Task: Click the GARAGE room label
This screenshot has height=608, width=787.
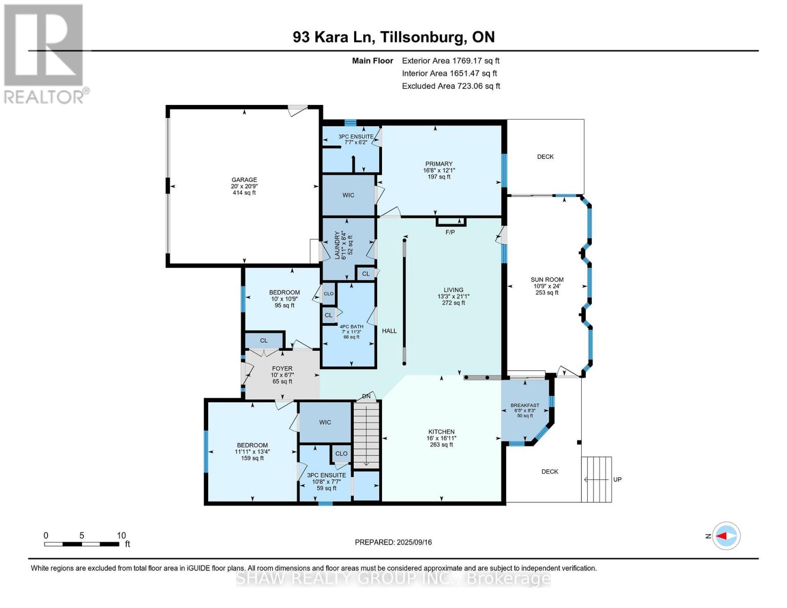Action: click(244, 179)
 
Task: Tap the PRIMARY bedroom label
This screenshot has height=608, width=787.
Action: click(438, 164)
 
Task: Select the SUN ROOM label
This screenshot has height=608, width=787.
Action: click(547, 280)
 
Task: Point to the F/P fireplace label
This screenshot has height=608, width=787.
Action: click(450, 232)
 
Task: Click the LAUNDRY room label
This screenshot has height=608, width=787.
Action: click(337, 245)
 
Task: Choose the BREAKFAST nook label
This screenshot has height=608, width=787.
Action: click(525, 405)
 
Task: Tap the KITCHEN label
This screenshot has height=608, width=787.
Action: click(441, 432)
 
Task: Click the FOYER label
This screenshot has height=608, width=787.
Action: click(282, 368)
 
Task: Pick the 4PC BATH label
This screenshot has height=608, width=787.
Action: click(351, 327)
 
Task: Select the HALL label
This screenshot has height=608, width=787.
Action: click(389, 331)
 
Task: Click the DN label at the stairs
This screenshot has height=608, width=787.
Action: click(366, 397)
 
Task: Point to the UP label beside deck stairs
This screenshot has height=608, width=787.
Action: click(617, 479)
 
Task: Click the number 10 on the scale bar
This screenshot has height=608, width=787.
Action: click(121, 536)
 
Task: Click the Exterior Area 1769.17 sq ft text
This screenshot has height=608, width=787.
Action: click(451, 61)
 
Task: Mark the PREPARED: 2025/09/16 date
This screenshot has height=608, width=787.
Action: click(393, 542)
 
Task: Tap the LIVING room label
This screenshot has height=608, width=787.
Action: click(453, 290)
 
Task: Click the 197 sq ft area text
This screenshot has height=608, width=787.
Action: click(439, 177)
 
